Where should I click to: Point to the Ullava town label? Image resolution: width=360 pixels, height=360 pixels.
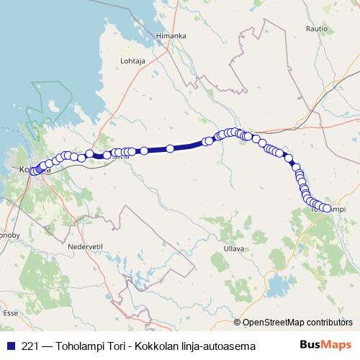[234, 248]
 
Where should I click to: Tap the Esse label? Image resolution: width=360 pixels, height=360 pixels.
[10, 313]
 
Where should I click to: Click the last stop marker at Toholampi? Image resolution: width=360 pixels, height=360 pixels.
[327, 209]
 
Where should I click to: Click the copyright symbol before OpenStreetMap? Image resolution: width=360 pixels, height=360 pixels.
[237, 323]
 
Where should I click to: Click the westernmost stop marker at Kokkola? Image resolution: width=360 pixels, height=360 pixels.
[32, 171]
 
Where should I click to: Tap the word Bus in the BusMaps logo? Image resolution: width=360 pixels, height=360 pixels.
[310, 345]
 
